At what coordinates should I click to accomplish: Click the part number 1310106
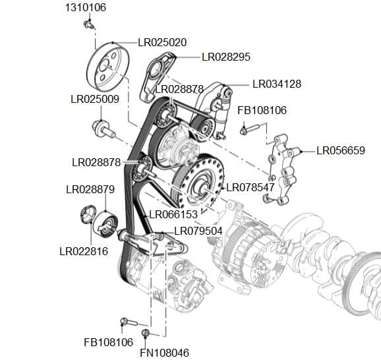click(85, 8)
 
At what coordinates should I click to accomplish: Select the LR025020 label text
click(162, 42)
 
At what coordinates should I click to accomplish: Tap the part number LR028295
click(225, 57)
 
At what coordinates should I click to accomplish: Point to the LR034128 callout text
click(277, 84)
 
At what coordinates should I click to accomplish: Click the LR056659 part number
click(340, 150)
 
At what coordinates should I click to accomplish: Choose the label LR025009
click(94, 100)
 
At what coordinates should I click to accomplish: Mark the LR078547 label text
click(250, 187)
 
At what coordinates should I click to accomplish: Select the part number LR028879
click(90, 189)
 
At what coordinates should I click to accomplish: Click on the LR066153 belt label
click(173, 214)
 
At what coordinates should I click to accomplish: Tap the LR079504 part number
click(198, 231)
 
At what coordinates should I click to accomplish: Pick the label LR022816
click(84, 251)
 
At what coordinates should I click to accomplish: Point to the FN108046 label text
click(165, 353)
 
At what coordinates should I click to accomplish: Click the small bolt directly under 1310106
click(88, 24)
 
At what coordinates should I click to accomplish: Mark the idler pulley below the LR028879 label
click(105, 221)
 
